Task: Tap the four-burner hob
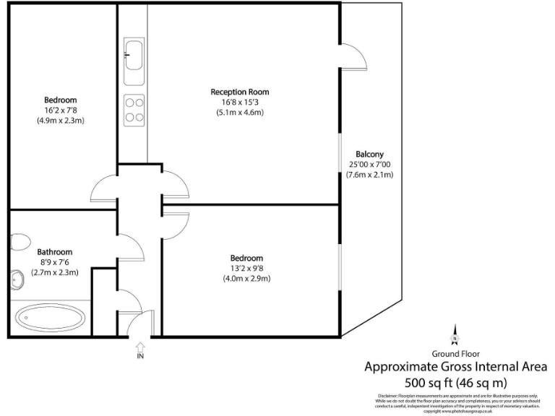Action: [x=134, y=109]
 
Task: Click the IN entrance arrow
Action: [x=139, y=350]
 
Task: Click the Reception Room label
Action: [x=240, y=92]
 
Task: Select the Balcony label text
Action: [x=369, y=154]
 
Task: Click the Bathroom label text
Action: [x=55, y=252]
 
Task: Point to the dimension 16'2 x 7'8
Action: [x=61, y=110]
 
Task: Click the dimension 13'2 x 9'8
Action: [x=246, y=268]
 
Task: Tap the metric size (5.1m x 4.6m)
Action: [x=240, y=112]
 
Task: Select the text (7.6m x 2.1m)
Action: [x=369, y=174]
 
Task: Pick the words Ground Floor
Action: [x=455, y=354]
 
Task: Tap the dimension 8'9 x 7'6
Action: [x=55, y=262]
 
